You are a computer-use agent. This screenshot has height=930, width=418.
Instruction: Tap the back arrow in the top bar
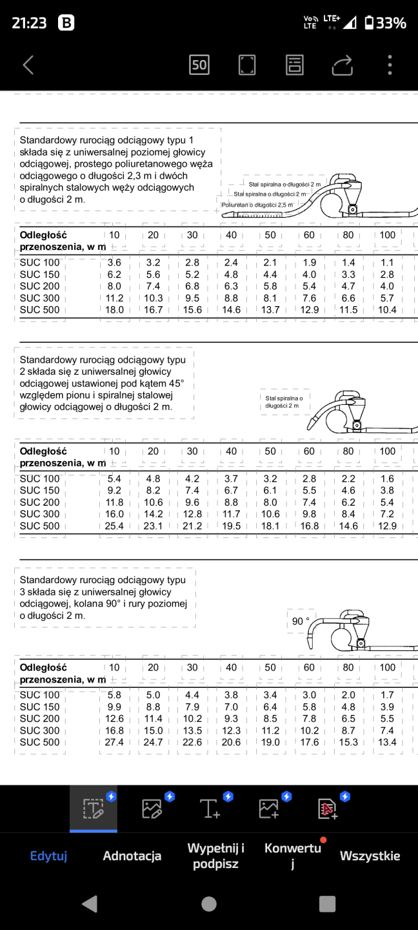coord(28,65)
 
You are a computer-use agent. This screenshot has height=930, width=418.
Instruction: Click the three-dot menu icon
coord(390,65)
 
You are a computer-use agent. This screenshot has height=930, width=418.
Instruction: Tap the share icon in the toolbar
coord(343,65)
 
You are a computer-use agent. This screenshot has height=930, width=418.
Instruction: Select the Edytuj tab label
coord(49,856)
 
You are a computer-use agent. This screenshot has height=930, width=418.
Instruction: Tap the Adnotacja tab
coord(132,856)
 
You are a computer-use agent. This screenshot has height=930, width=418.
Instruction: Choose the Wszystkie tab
coord(370,856)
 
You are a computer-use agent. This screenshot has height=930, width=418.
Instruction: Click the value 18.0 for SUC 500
coord(114,310)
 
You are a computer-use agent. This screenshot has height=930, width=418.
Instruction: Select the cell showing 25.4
coord(114,526)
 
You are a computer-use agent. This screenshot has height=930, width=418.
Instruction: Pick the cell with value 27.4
coord(114,743)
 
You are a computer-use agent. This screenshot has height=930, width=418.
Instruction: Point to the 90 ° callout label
coord(301,621)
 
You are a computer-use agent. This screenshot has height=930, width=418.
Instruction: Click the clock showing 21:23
coord(29,23)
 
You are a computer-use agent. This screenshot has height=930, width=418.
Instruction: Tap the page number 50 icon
coord(199,65)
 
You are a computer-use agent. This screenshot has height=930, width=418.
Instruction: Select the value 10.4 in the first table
coord(387,310)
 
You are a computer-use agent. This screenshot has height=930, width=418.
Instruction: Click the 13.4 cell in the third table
coord(387,743)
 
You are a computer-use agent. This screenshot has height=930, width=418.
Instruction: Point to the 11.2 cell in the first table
coord(114,298)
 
